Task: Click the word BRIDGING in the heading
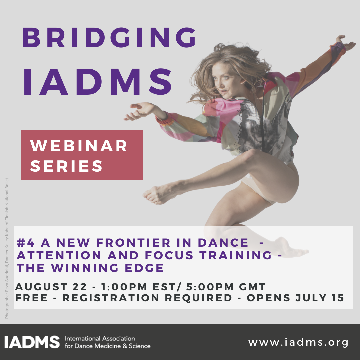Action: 109,38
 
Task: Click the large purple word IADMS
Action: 98,82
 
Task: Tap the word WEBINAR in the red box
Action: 79,146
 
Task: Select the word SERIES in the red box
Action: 66,166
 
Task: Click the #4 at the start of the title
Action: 26,243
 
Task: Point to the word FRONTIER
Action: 133,243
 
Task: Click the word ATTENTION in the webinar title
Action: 59,255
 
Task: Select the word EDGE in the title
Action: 144,268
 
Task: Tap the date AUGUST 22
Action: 51,287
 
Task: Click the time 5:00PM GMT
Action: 226,287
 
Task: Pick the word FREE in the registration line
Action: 31,298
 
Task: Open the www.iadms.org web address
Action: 298,342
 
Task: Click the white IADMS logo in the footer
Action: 32,342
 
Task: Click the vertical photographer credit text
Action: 7,248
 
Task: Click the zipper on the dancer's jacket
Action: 263,119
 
